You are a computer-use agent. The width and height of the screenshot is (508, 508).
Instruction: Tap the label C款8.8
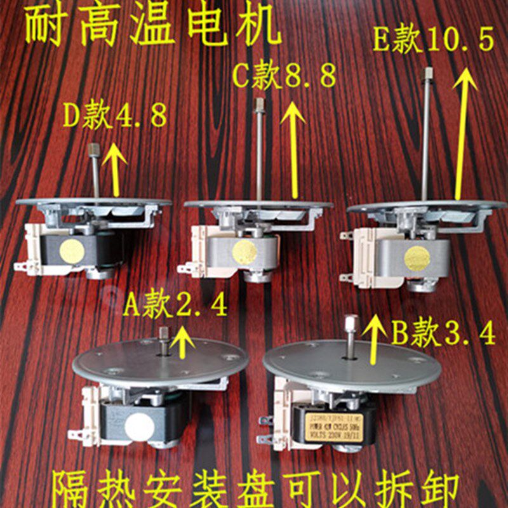coord(283,77)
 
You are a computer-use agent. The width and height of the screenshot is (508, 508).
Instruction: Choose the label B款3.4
coord(443,332)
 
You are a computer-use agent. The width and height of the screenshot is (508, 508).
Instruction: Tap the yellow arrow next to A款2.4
coord(184,340)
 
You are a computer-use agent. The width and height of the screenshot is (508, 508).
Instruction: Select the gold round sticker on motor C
coord(244,252)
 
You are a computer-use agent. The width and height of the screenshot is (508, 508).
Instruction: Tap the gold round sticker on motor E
coord(417,258)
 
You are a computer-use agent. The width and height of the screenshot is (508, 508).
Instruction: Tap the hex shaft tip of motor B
coord(350,323)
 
